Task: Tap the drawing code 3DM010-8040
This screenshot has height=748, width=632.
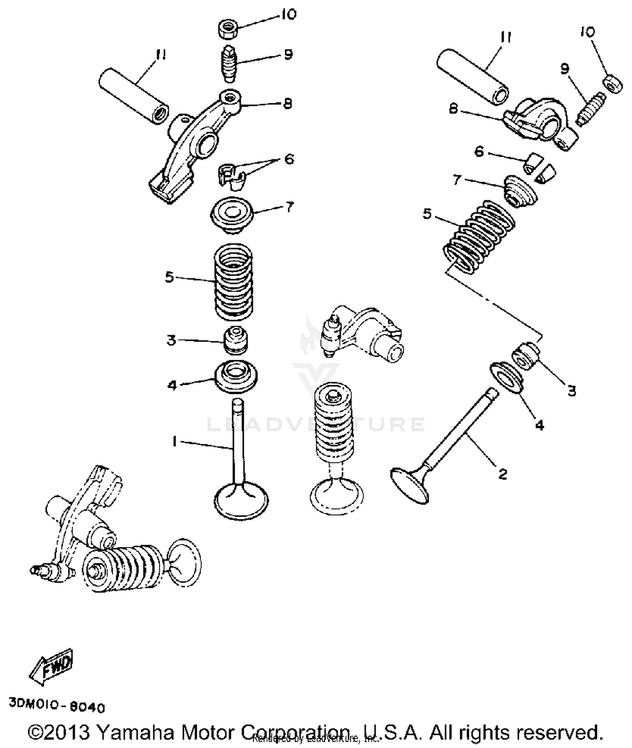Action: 56,705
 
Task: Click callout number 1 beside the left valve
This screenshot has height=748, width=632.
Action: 174,441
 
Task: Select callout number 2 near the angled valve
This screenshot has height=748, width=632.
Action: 502,474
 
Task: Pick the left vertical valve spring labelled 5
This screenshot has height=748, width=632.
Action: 234,282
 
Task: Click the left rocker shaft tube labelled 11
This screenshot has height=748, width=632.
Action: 133,96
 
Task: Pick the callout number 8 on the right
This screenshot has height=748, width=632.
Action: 453,109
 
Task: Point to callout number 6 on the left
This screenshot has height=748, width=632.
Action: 289,159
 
